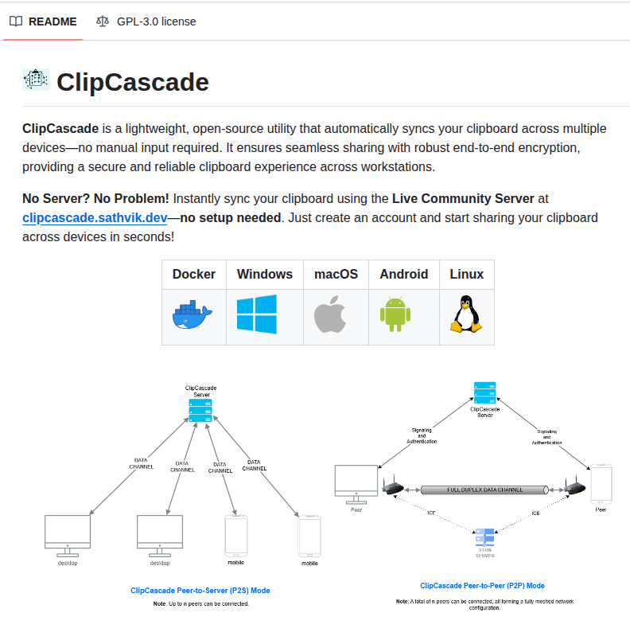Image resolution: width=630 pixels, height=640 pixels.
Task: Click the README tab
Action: [x=44, y=21]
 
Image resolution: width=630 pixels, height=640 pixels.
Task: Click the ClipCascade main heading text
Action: [x=133, y=82]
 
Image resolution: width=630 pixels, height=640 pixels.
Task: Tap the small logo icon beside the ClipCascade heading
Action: [x=36, y=80]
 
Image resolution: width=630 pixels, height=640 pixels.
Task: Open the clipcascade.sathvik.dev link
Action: [x=95, y=217]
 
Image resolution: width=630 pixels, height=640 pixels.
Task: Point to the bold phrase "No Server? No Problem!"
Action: [x=95, y=198]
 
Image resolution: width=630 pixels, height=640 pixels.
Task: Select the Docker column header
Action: [x=194, y=274]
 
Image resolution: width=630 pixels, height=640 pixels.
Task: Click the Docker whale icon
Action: [x=193, y=316]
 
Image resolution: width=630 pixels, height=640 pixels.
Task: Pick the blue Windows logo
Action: [x=257, y=314]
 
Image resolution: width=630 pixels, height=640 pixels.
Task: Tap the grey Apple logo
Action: [x=331, y=315]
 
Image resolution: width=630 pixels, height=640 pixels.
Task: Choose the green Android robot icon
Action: [x=395, y=315]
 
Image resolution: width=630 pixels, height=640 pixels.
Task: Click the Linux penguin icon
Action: [x=466, y=315]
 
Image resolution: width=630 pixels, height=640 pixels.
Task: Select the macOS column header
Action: [x=336, y=274]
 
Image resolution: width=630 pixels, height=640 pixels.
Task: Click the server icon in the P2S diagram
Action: [x=200, y=411]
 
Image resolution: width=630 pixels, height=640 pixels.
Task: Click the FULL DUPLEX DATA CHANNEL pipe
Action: [x=484, y=490]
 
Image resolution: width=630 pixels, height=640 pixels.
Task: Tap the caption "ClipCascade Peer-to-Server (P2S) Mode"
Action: [x=200, y=591]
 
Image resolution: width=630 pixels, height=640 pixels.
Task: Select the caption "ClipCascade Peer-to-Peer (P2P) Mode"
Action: [x=482, y=585]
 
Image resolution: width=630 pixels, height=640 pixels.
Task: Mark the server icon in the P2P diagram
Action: [x=484, y=393]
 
